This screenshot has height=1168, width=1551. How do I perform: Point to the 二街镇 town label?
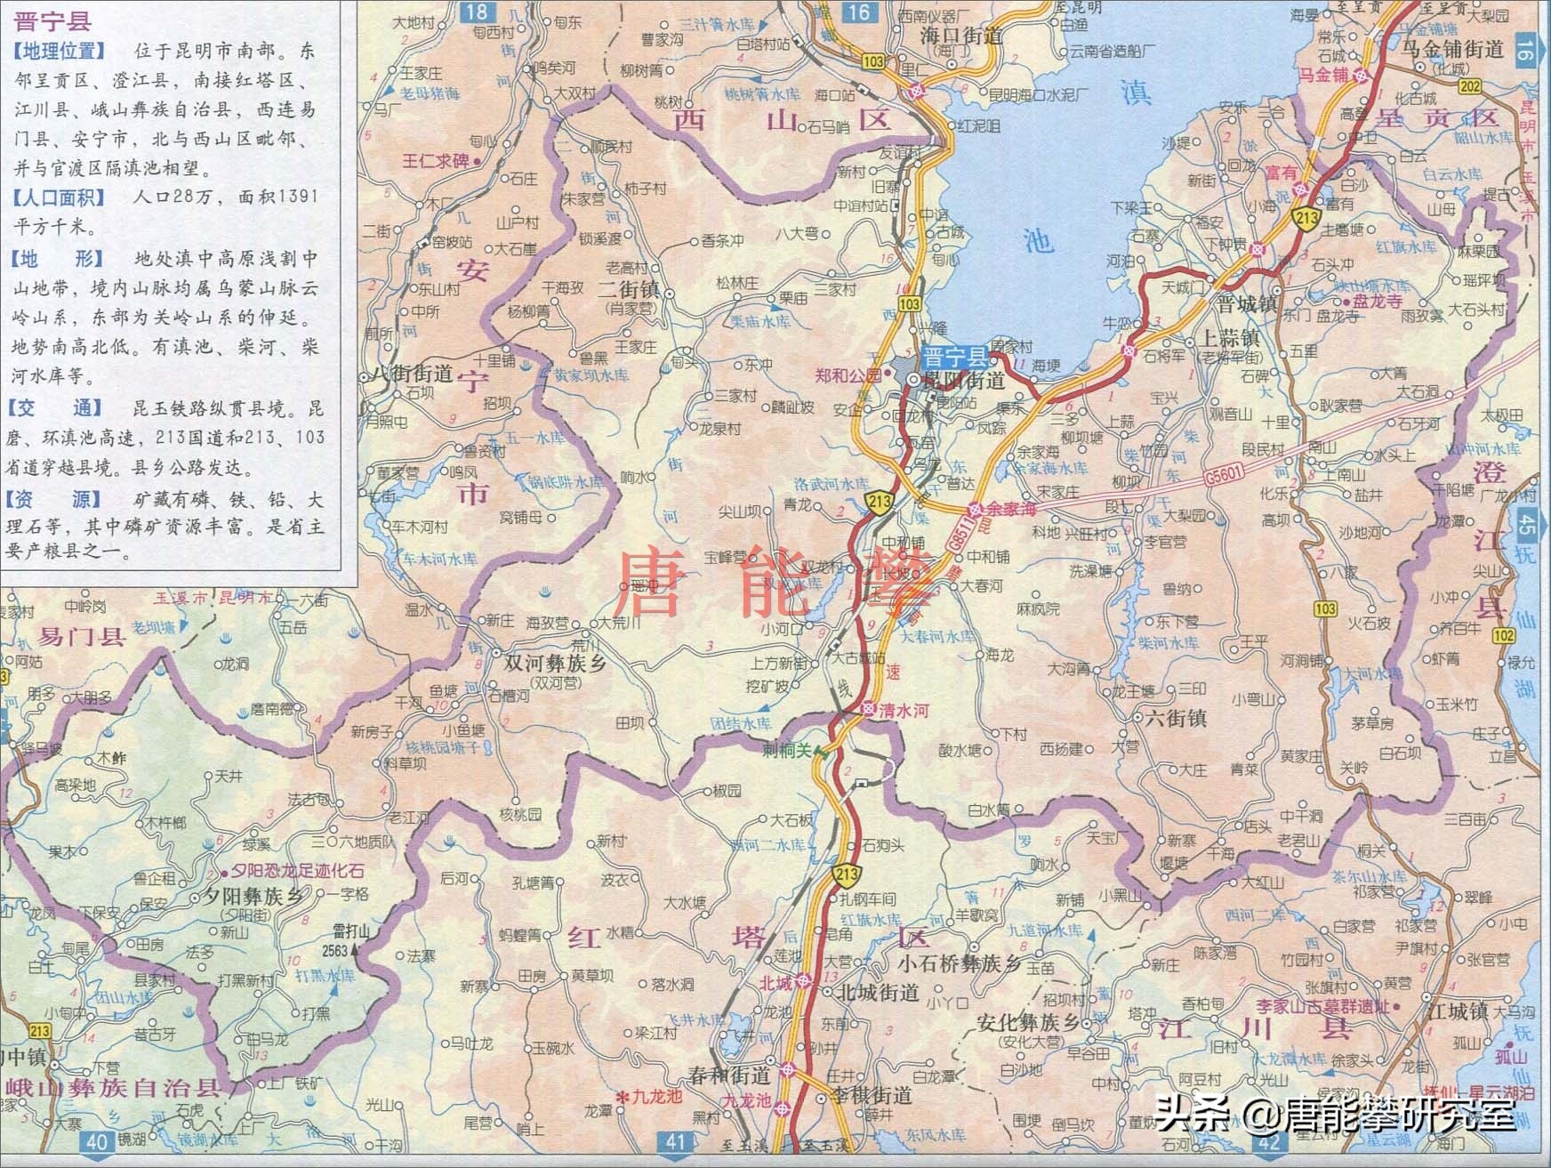[x=628, y=290]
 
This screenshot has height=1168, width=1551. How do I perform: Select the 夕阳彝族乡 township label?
[x=253, y=897]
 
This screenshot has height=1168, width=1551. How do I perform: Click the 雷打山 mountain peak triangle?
[x=357, y=949]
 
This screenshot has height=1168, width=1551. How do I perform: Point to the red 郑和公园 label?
[x=848, y=375]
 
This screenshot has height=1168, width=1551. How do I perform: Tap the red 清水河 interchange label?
[x=904, y=712]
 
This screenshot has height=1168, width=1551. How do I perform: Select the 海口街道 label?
[x=961, y=36]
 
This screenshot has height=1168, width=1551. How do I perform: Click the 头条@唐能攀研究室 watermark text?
[x=1334, y=1114]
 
